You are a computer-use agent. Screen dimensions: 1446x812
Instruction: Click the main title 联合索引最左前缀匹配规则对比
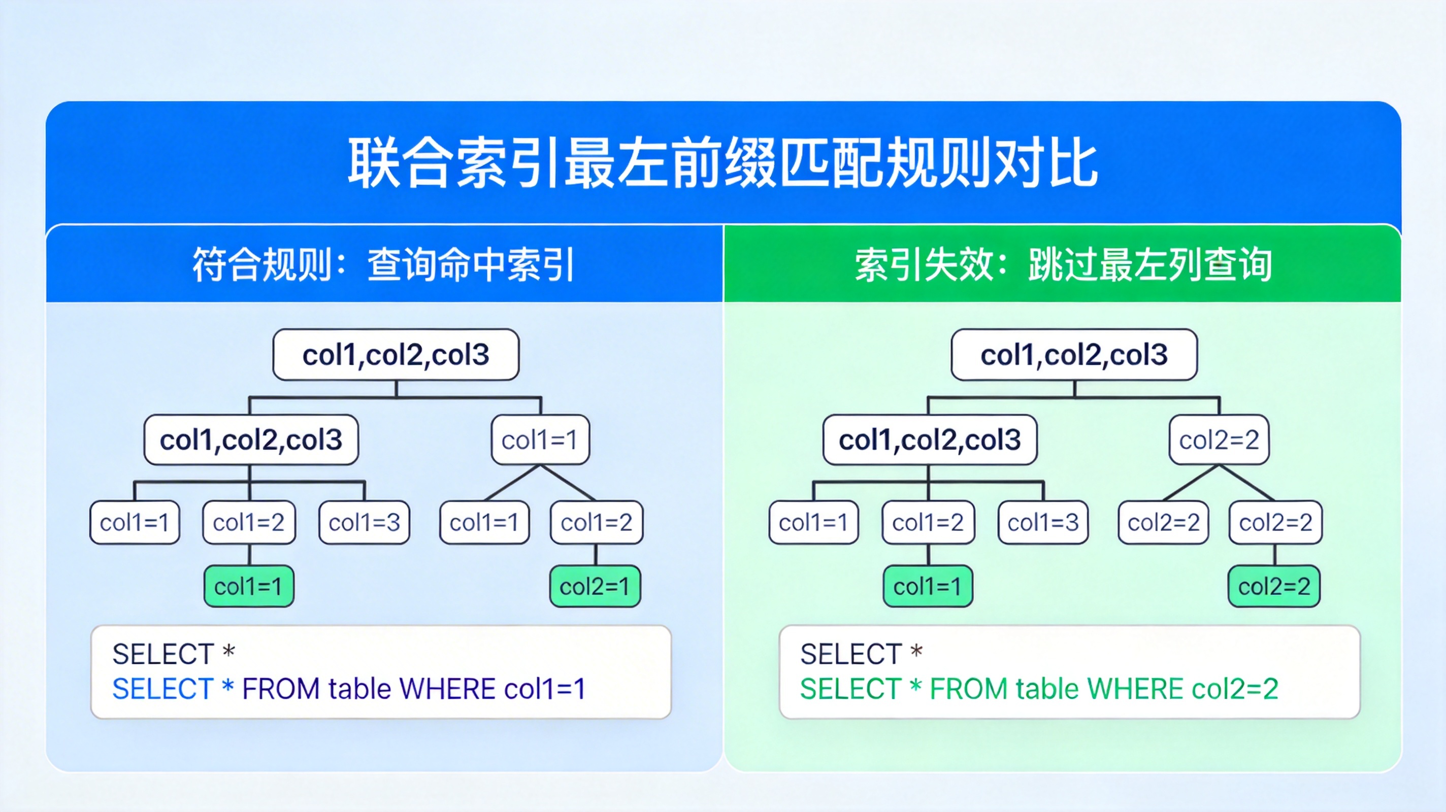(723, 163)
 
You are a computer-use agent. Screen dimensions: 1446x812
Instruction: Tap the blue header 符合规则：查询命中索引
(383, 264)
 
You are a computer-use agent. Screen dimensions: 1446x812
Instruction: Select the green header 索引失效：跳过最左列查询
(1063, 264)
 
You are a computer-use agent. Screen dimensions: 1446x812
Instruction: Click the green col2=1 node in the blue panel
(595, 586)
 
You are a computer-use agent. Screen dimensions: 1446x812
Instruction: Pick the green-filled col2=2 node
(1274, 586)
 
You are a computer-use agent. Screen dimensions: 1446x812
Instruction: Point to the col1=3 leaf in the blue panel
(365, 522)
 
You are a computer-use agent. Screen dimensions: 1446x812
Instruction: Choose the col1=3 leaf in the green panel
(1043, 522)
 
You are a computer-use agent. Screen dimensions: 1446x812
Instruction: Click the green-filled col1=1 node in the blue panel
(249, 586)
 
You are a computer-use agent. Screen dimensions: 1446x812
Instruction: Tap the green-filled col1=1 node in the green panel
(928, 586)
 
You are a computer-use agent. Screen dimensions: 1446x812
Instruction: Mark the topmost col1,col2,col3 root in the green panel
(1074, 355)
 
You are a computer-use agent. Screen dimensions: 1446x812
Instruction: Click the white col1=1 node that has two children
(540, 440)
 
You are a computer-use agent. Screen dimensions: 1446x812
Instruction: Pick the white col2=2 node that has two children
(1219, 440)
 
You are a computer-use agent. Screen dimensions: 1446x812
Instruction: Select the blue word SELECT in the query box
(163, 689)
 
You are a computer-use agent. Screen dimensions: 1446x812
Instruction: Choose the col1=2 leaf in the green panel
(929, 522)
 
